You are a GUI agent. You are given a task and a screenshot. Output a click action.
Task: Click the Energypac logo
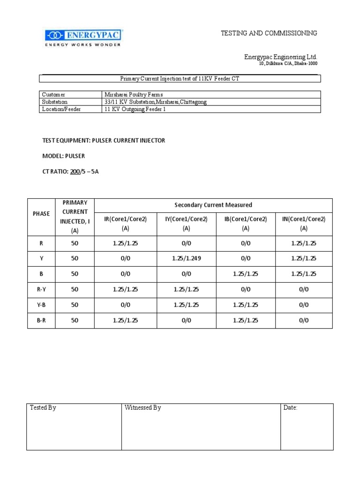tap(83, 37)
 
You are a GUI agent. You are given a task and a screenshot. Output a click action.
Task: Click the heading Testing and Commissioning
tap(269, 33)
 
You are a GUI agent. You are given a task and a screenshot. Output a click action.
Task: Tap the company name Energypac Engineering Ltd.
tap(280, 57)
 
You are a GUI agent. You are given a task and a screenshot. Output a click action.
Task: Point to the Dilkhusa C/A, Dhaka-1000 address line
tap(288, 64)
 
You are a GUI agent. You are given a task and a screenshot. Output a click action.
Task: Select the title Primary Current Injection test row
tap(180, 79)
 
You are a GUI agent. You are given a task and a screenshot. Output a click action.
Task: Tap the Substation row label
tap(55, 102)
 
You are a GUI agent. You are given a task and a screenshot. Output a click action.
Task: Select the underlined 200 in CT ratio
tap(75, 171)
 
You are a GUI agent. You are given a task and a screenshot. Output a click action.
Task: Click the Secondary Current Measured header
tap(213, 205)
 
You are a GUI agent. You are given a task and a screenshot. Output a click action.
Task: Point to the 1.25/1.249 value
tap(187, 258)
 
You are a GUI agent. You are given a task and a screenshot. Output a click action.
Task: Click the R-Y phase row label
tap(41, 289)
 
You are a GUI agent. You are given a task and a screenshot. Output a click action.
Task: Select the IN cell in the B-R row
tap(304, 320)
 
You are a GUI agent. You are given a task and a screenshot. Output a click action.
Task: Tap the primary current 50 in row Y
tap(75, 258)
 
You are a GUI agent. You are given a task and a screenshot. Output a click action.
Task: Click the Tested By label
tap(43, 408)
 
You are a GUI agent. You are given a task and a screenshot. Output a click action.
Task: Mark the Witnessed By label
tap(143, 408)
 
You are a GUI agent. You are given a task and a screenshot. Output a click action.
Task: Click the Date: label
tap(291, 408)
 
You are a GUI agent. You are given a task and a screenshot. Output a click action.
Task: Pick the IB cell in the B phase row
tap(246, 273)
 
